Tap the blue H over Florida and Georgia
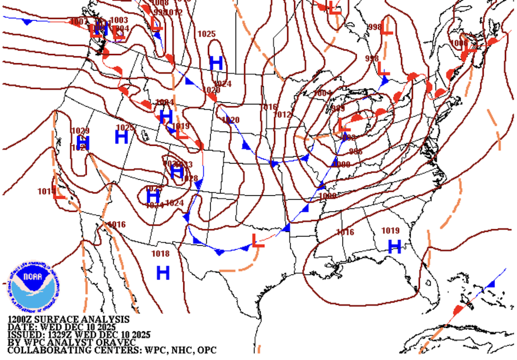(x=394, y=247)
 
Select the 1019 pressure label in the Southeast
(x=390, y=231)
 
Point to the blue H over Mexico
(x=163, y=272)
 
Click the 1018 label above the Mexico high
(x=160, y=254)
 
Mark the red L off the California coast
(x=59, y=193)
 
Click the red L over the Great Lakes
(x=344, y=125)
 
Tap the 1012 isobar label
(x=283, y=115)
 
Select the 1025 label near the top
(x=206, y=34)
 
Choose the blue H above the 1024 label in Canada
(x=216, y=63)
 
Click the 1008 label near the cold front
(x=327, y=196)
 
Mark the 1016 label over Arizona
(x=117, y=224)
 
